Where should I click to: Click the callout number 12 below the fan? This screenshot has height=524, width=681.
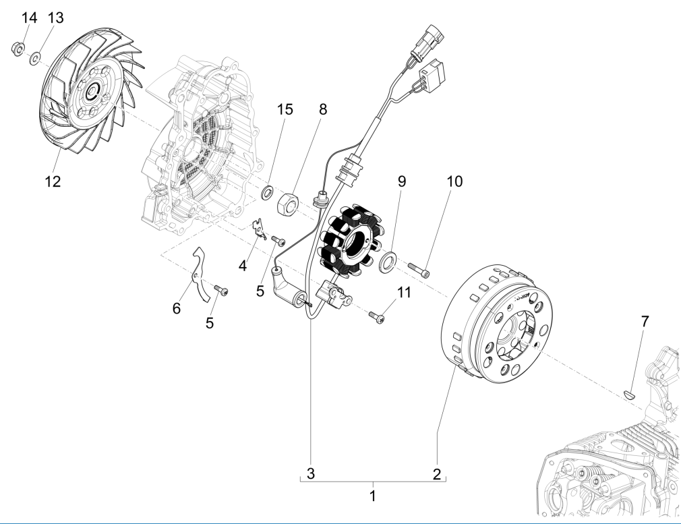[x=53, y=181]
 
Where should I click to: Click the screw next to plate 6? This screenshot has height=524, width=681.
[x=221, y=291]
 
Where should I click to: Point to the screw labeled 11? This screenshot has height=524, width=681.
[x=378, y=315]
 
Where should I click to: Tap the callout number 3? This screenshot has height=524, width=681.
[x=311, y=474]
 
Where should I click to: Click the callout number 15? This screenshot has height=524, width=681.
[x=285, y=109]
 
